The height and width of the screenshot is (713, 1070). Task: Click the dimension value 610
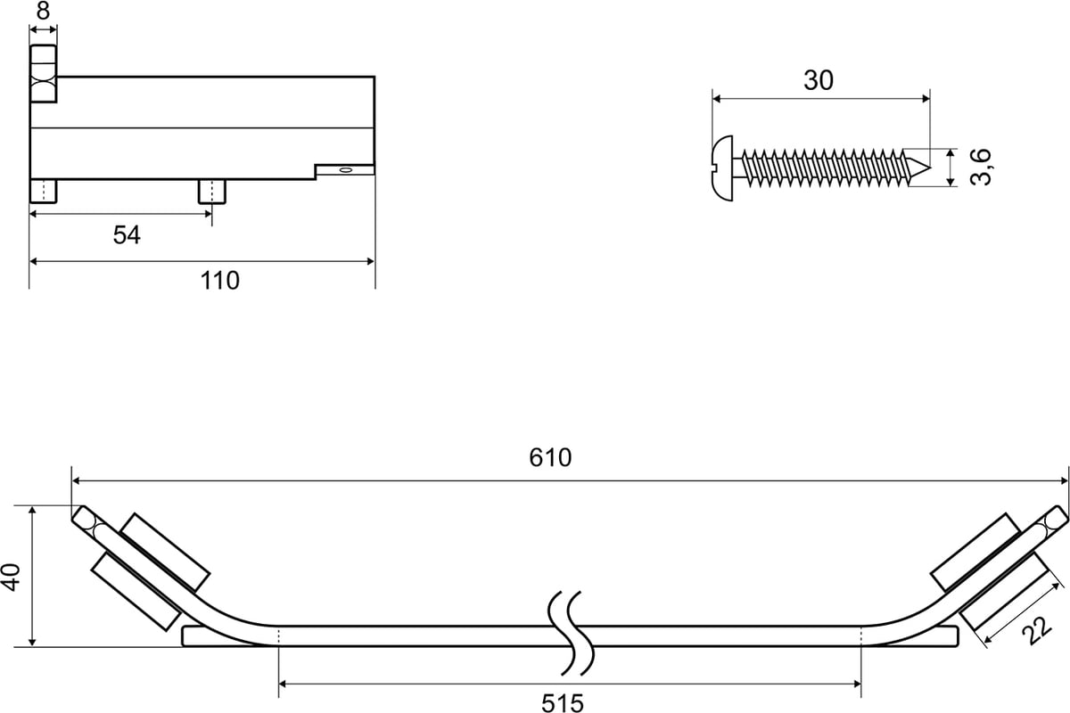[x=550, y=458]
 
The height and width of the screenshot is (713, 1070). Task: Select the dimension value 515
[x=563, y=703]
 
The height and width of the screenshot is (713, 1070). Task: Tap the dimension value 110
[x=219, y=280]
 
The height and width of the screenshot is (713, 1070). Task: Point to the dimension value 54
[x=127, y=235]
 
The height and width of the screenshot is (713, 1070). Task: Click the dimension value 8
[x=43, y=12]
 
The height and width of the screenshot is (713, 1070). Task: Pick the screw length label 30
[x=818, y=80]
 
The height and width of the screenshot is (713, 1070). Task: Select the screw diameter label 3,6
[x=981, y=167]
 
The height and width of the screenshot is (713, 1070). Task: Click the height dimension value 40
[x=12, y=577]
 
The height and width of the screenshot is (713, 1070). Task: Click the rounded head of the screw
[x=722, y=166]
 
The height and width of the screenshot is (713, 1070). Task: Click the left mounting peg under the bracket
[x=44, y=191]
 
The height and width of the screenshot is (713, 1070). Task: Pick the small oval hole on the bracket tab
[x=346, y=168]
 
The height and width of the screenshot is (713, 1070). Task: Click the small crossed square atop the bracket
[x=43, y=90]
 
